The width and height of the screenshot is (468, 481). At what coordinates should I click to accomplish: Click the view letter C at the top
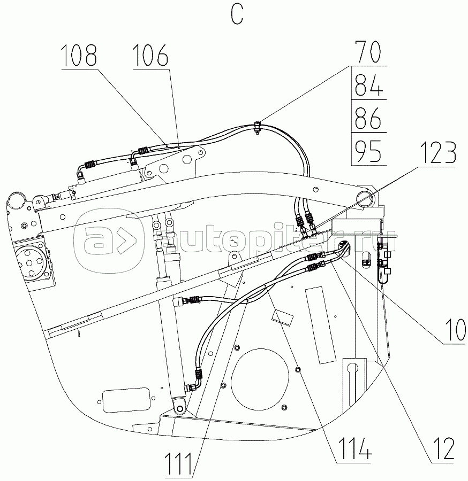click(237, 15)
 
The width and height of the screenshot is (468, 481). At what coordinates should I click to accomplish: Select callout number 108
click(79, 55)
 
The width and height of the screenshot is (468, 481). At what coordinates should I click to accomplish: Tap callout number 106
click(150, 55)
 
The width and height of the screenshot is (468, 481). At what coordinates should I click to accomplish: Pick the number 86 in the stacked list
click(368, 118)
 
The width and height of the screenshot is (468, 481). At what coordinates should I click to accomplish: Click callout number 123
click(438, 153)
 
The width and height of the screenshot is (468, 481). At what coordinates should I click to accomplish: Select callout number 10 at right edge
click(455, 330)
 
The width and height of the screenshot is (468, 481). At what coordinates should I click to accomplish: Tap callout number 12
click(442, 448)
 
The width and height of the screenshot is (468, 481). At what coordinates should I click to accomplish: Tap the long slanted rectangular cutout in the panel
click(321, 325)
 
